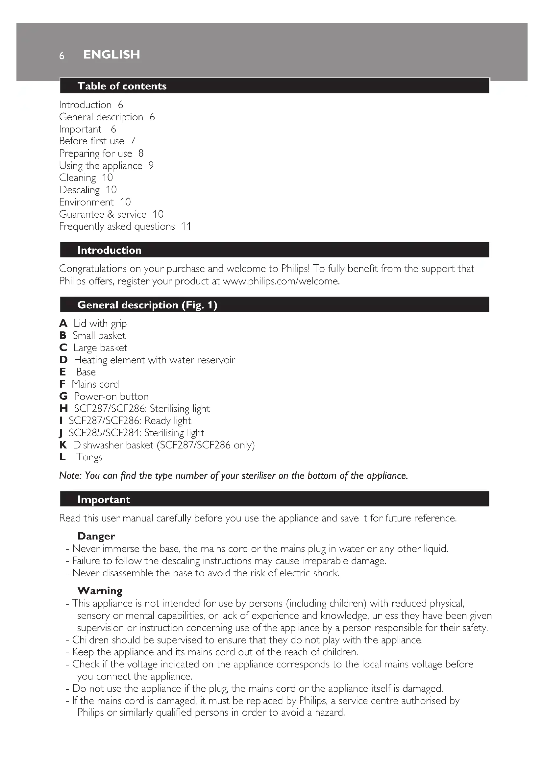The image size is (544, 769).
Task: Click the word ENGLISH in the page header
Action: [x=111, y=55]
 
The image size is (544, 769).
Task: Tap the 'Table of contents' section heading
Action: [x=122, y=86]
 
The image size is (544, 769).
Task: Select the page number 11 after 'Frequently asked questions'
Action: [x=186, y=227]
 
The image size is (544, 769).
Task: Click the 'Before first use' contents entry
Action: [x=91, y=141]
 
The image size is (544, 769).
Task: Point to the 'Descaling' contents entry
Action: [x=79, y=190]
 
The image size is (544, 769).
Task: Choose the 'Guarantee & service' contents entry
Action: [x=103, y=214]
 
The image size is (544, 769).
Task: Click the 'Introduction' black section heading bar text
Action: [x=109, y=250]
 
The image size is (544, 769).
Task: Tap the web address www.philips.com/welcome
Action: [x=281, y=281]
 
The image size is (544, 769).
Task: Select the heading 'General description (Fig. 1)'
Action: [x=147, y=305]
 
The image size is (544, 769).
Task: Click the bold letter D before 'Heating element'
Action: [x=63, y=360]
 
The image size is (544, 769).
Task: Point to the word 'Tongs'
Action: [x=89, y=457]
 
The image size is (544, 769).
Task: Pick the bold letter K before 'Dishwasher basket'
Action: [x=63, y=445]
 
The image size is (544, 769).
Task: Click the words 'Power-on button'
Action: [x=111, y=397]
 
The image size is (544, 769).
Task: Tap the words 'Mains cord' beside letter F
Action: [x=95, y=384]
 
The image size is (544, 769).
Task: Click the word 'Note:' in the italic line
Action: [x=70, y=476]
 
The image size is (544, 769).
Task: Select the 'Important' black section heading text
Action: [x=104, y=499]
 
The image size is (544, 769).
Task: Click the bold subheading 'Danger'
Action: [x=96, y=536]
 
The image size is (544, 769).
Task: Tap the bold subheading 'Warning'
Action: [x=100, y=591]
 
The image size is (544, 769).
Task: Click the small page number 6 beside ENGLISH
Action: [x=62, y=56]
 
